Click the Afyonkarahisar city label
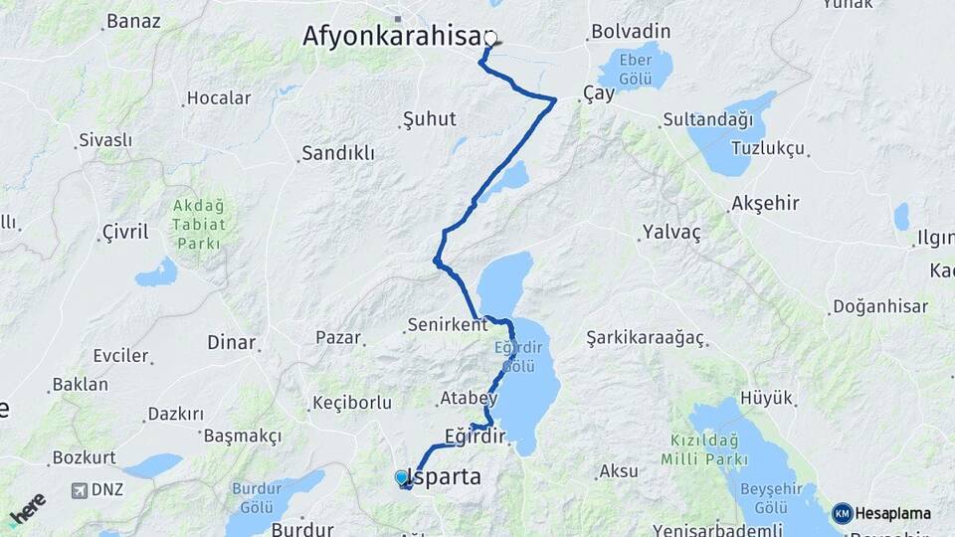(392, 36)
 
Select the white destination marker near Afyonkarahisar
(490, 39)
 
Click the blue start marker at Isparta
(401, 478)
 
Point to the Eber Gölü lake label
(635, 69)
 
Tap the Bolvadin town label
(631, 32)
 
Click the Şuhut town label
(429, 119)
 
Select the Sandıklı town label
(337, 153)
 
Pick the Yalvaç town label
(671, 232)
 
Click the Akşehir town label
(765, 203)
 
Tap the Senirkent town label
(447, 325)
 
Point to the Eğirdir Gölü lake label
(514, 356)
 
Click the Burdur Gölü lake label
(257, 497)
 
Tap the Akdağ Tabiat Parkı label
(199, 224)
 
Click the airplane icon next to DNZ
(80, 490)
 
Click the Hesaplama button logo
(842, 513)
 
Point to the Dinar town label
(231, 342)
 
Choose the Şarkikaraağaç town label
(645, 337)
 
